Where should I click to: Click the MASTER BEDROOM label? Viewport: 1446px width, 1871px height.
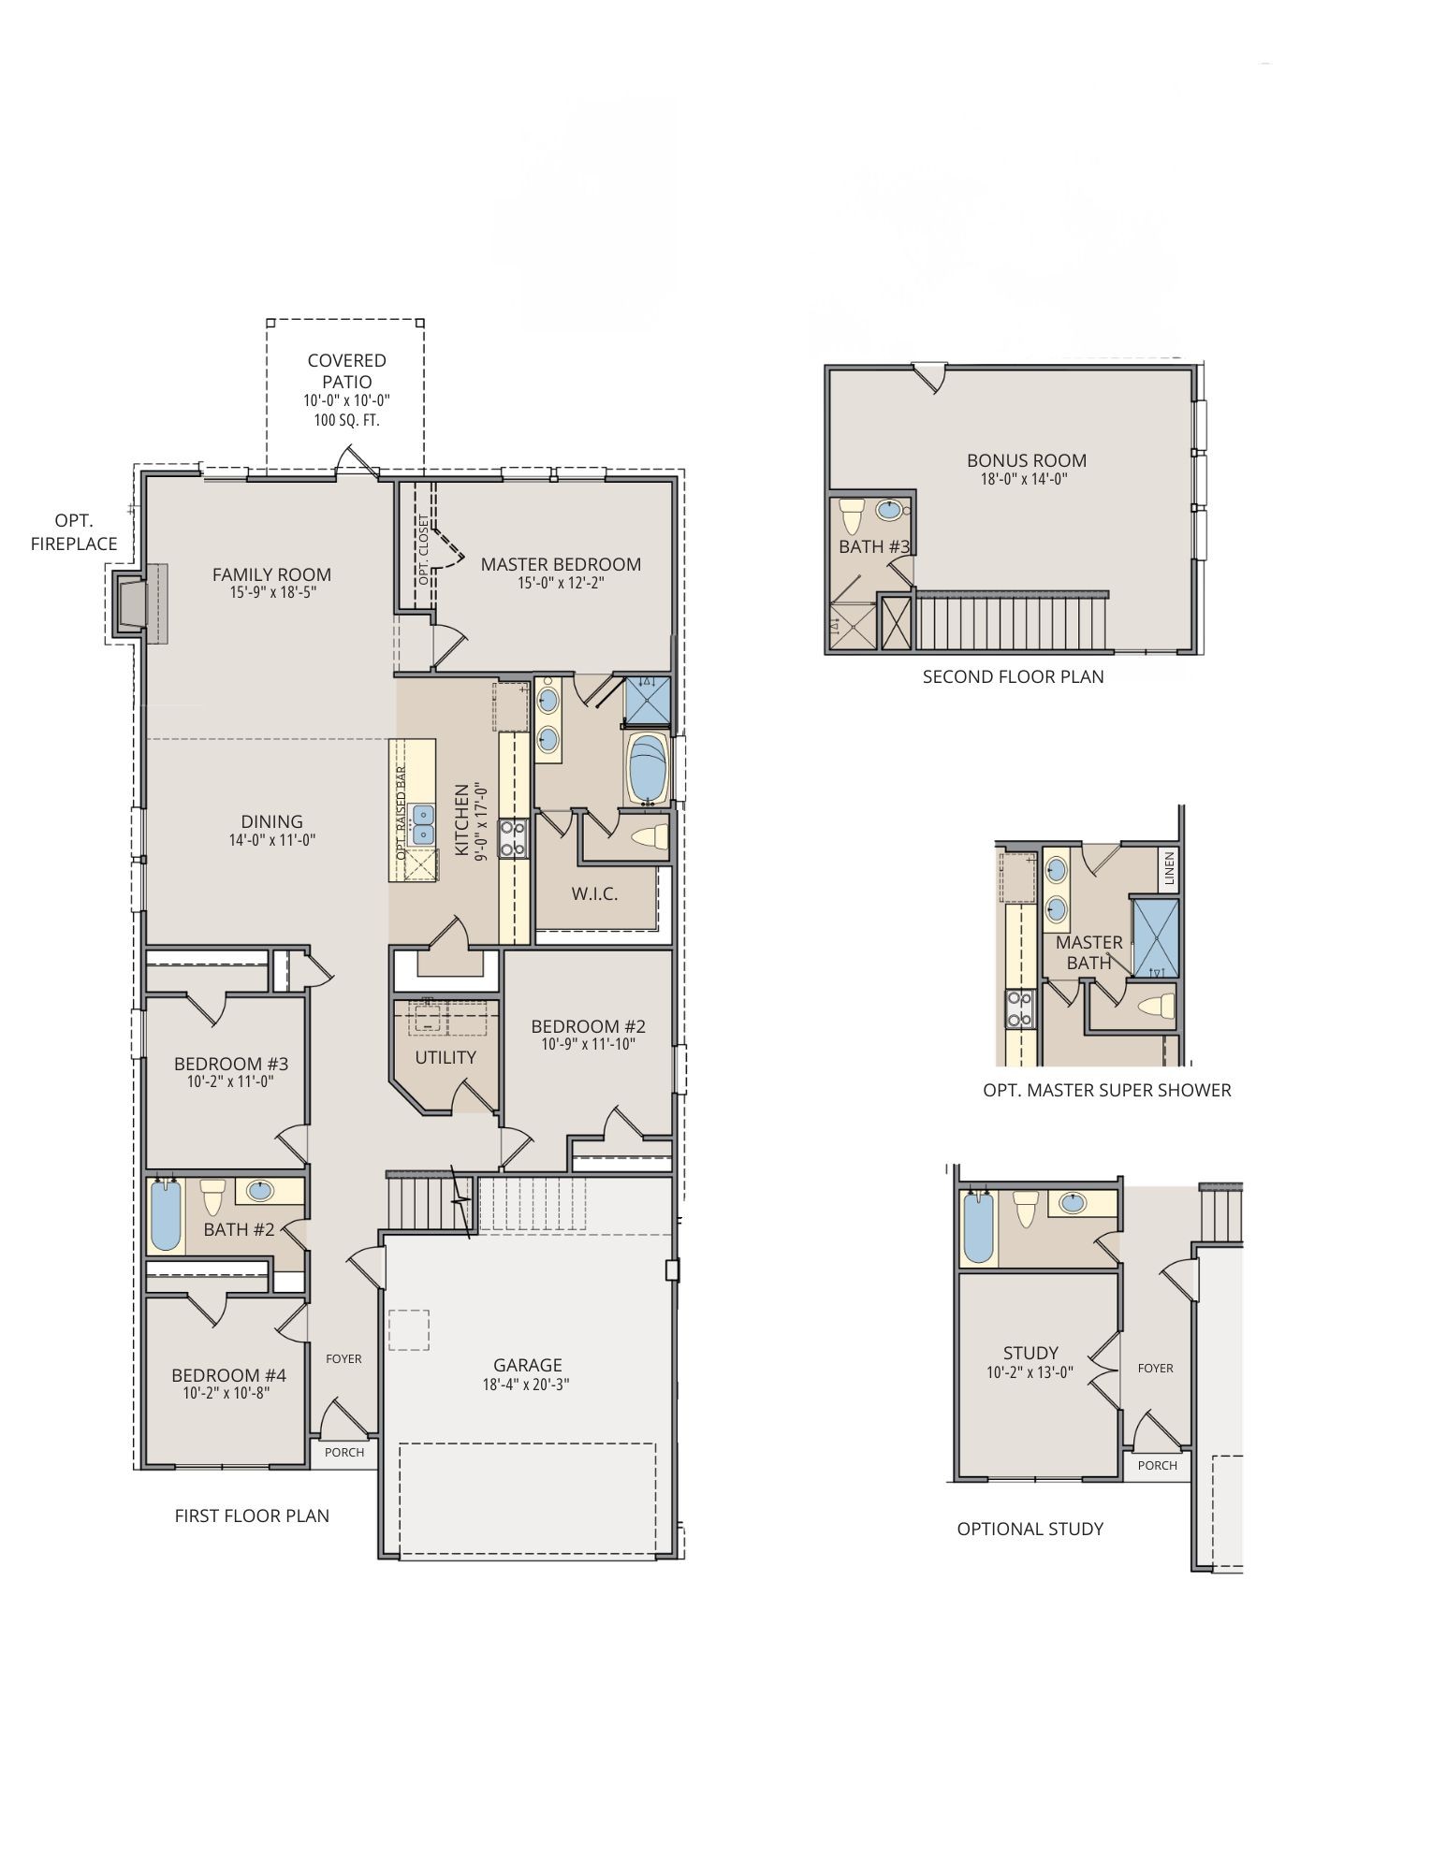tap(561, 564)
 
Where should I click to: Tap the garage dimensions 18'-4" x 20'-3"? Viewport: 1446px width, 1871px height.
tap(526, 1385)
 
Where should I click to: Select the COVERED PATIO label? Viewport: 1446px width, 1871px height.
tap(346, 370)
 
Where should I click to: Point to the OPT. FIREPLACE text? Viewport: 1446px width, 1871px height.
tap(74, 532)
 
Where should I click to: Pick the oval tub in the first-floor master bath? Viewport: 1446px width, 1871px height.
tap(647, 769)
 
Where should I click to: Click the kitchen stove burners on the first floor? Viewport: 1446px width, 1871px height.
tap(513, 838)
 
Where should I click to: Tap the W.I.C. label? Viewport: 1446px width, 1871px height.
tap(594, 894)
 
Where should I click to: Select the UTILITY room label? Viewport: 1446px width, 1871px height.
tap(445, 1057)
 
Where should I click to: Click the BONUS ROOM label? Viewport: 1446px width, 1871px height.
tap(1026, 460)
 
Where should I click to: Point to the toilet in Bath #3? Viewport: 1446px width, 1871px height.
tap(852, 515)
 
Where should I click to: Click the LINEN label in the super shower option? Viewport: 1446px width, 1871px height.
tap(1168, 868)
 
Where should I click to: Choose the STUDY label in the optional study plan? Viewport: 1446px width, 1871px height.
tap(1030, 1353)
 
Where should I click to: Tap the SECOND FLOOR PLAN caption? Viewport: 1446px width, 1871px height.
tap(1013, 676)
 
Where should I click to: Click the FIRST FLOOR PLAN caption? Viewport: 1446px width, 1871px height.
tap(252, 1516)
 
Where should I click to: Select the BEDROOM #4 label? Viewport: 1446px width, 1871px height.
tap(228, 1375)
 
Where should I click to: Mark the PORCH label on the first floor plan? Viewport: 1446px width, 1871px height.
tap(343, 1453)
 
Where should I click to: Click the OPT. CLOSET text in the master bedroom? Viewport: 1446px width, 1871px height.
tap(424, 550)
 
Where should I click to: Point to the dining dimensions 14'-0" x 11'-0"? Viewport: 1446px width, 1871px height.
tap(271, 840)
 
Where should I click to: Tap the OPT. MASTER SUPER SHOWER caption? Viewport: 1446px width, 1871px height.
tap(1106, 1090)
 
